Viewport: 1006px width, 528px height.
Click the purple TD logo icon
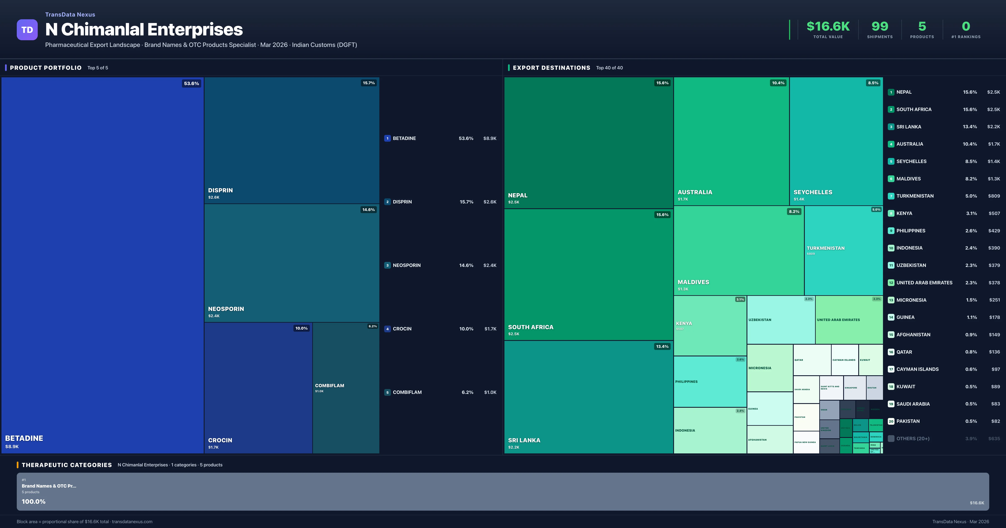tap(27, 30)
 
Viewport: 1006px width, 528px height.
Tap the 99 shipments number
tap(879, 26)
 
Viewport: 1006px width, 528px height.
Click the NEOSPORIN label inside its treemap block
tap(226, 309)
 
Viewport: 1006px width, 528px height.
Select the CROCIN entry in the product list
tap(402, 329)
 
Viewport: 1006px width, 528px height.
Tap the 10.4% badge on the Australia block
tap(778, 83)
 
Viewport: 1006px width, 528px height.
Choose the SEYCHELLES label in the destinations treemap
tap(813, 192)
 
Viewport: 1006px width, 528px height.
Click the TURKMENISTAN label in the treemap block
tap(826, 248)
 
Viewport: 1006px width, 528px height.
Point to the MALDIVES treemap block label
tap(693, 282)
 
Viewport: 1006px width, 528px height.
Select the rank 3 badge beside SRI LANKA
tap(891, 127)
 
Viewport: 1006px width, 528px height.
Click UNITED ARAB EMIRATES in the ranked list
tap(924, 283)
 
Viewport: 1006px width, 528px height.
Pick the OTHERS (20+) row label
tap(913, 439)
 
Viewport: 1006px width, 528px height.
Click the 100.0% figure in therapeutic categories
tap(34, 501)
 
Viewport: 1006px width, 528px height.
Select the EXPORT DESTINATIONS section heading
tap(551, 68)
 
